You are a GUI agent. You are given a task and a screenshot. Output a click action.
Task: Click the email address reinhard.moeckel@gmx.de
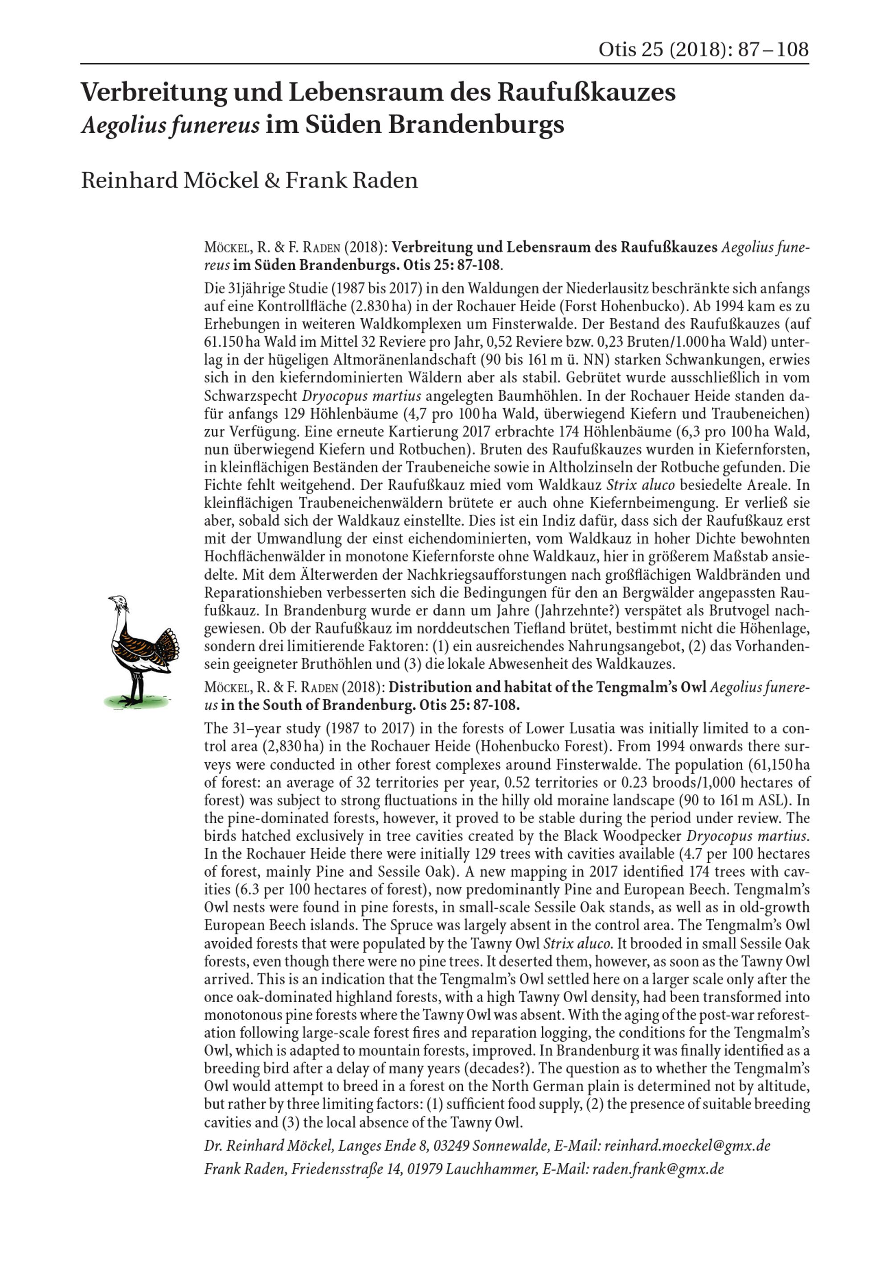[x=687, y=1146]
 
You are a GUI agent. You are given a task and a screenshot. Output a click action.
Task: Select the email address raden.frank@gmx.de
[x=658, y=1169]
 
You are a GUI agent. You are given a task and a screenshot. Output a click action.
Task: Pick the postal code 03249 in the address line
[x=452, y=1146]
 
